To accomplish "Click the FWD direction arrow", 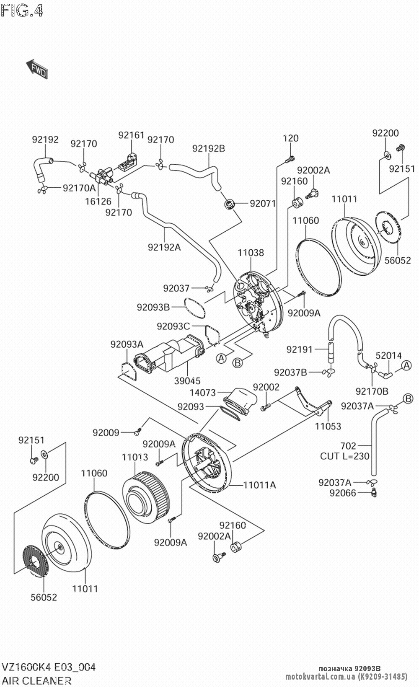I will [37, 69].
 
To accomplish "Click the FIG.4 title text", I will [22, 10].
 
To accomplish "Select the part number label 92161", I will [131, 135].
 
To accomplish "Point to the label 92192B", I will [209, 148].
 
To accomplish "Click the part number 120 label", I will [290, 138].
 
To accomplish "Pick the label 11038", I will [251, 253].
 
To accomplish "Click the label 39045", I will [187, 381].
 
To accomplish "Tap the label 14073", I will [202, 393].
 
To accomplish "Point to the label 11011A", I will [260, 485].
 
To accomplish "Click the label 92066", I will [342, 493].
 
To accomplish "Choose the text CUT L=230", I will [345, 456].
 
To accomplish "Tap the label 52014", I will [388, 355].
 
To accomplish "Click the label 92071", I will [263, 204].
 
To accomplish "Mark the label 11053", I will [328, 426].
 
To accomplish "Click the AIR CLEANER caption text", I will [37, 680].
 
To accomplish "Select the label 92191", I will [300, 349].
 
